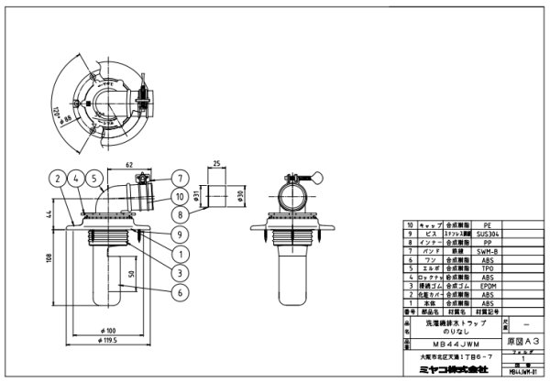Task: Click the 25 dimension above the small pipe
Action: tap(214, 166)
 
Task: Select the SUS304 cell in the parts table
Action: tap(488, 233)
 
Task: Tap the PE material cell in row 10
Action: tap(488, 224)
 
